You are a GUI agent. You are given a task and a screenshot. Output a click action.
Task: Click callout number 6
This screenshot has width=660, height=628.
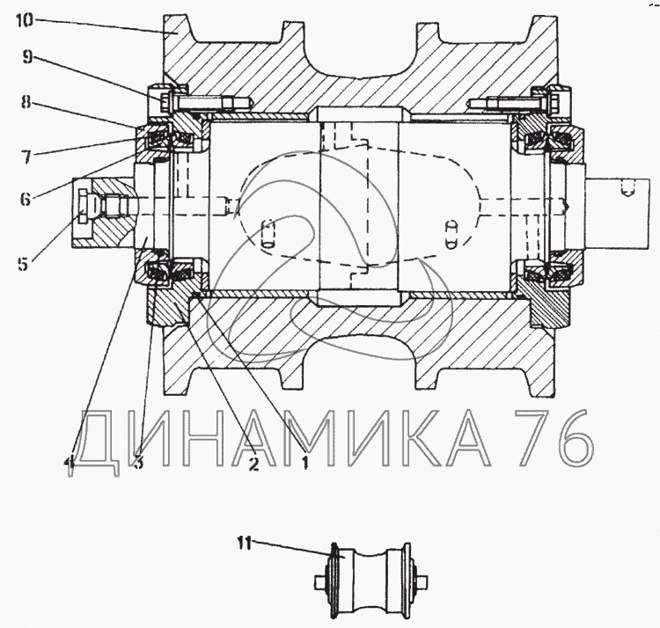tap(28, 200)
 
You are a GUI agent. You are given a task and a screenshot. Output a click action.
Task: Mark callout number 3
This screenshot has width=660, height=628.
tap(138, 463)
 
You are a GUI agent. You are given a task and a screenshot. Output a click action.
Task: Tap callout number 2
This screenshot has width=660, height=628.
tap(253, 463)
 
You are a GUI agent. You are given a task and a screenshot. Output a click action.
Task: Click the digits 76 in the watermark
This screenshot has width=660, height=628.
tap(552, 438)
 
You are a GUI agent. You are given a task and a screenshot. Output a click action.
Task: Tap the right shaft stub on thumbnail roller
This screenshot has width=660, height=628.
tap(424, 581)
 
